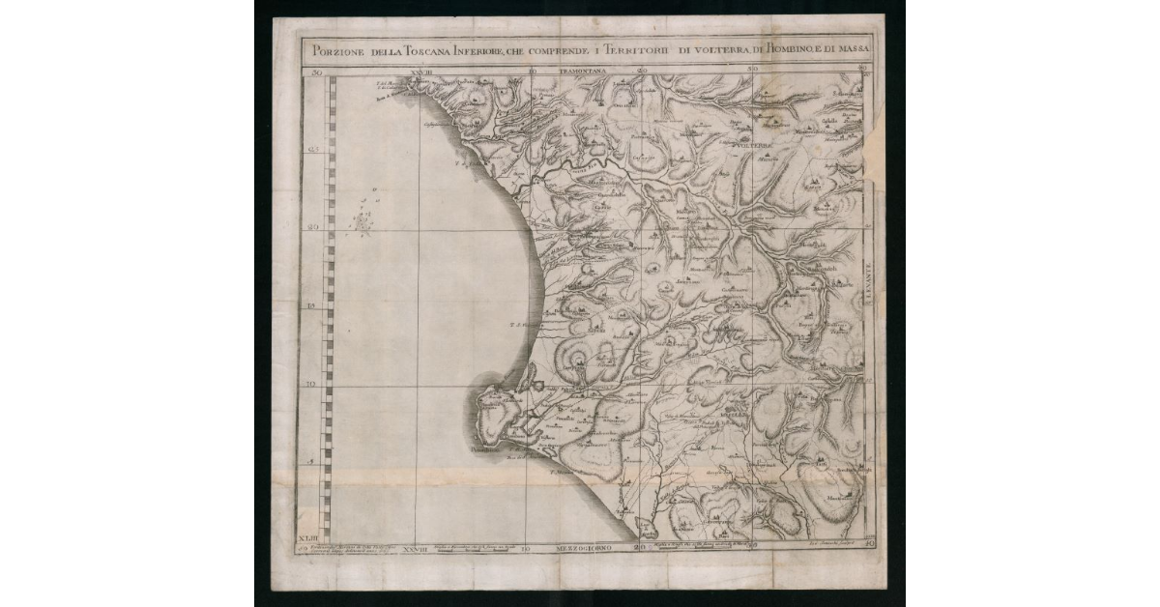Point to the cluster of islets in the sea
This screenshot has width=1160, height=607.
pos(362,223)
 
